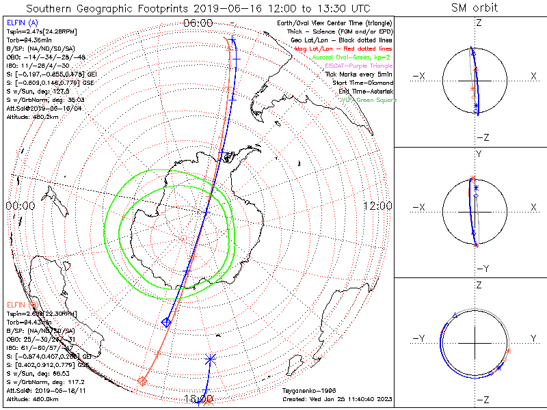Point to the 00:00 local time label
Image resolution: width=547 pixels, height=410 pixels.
[20, 206]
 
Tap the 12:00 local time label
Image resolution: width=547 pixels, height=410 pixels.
[377, 206]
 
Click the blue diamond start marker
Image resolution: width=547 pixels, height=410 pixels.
[166, 321]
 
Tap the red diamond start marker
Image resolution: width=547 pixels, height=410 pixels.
[142, 381]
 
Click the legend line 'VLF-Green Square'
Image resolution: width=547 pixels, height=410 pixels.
[369, 100]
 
